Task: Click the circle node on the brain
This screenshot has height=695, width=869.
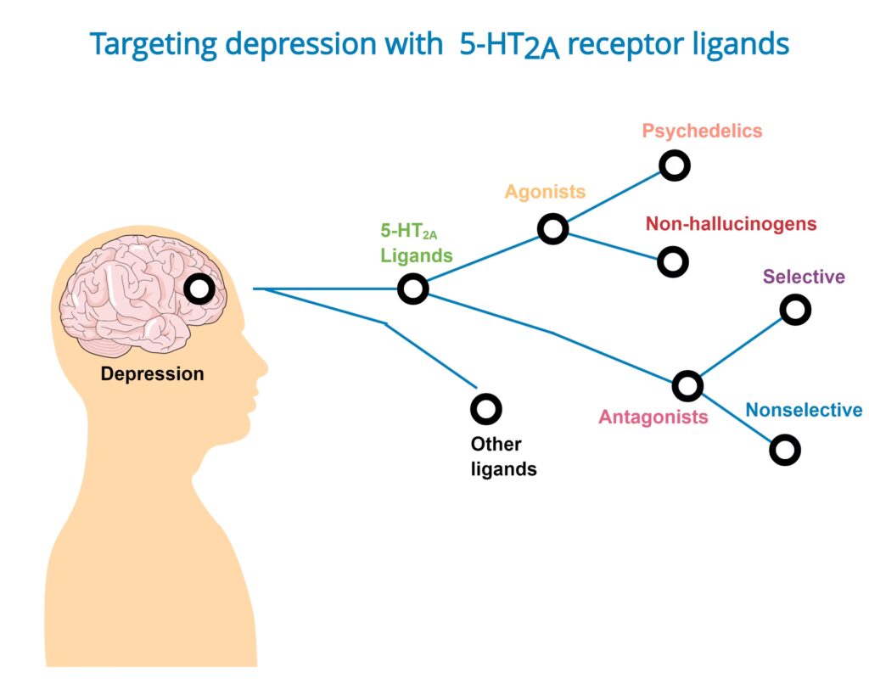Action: click(x=200, y=289)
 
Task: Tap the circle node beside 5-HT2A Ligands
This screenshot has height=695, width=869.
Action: click(x=413, y=289)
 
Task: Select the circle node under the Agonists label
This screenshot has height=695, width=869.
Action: click(x=552, y=228)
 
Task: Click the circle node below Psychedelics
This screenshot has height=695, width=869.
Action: click(x=675, y=165)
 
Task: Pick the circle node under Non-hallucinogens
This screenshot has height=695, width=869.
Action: click(x=673, y=262)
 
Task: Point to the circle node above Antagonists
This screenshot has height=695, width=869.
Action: click(x=687, y=386)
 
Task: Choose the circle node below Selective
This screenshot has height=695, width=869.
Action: click(x=795, y=310)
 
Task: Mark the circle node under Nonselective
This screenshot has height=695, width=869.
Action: click(x=785, y=450)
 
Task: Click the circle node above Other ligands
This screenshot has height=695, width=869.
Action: click(x=486, y=409)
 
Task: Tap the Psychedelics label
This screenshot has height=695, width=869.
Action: click(x=702, y=131)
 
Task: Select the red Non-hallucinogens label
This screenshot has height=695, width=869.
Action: click(x=731, y=224)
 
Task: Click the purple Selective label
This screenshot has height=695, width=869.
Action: click(x=804, y=277)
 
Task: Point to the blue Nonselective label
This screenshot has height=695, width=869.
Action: click(x=804, y=411)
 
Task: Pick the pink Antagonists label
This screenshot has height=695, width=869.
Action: click(x=653, y=417)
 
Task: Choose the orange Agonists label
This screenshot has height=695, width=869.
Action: click(x=545, y=191)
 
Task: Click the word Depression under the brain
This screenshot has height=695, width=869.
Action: click(x=153, y=373)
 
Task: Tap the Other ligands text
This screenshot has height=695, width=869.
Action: click(x=503, y=456)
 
